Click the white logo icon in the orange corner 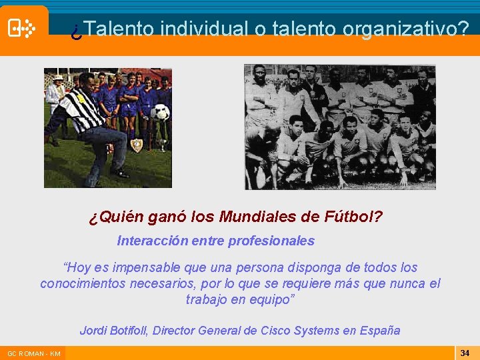pos(21,28)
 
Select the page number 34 pos(465,352)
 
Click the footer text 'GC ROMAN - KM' pos(34,353)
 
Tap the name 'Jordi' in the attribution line pos(93,330)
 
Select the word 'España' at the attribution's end pos(381,330)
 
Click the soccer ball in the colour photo pos(160,112)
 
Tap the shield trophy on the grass pos(137,145)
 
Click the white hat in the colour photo pos(58,77)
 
